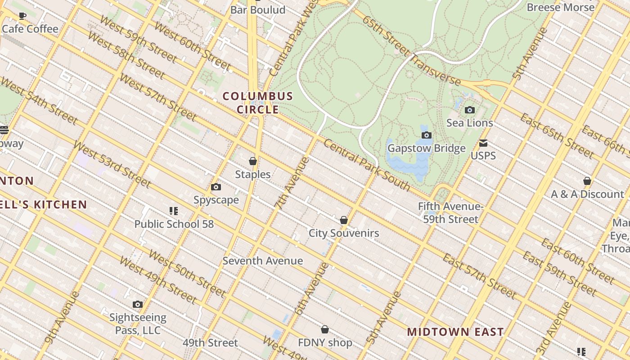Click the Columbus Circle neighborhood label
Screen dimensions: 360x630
pyautogui.click(x=258, y=103)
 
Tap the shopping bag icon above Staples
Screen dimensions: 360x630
pyautogui.click(x=253, y=161)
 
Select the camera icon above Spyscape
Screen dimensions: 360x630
pyautogui.click(x=216, y=187)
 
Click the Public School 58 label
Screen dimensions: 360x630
pyautogui.click(x=174, y=224)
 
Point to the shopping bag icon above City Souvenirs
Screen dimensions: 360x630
pyautogui.click(x=344, y=220)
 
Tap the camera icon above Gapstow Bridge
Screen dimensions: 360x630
pyautogui.click(x=426, y=135)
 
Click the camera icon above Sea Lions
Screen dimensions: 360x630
pyautogui.click(x=469, y=110)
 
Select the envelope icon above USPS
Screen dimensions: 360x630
pyautogui.click(x=483, y=143)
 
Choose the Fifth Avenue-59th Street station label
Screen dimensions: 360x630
pyautogui.click(x=450, y=213)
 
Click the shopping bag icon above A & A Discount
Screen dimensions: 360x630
pyautogui.click(x=587, y=181)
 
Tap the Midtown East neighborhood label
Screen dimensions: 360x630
pyautogui.click(x=455, y=333)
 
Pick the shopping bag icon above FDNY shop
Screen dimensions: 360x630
pyautogui.click(x=325, y=329)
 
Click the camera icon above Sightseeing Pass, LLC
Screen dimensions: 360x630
pyautogui.click(x=138, y=305)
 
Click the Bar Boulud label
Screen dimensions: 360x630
pyautogui.click(x=258, y=10)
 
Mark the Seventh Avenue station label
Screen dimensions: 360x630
pyautogui.click(x=263, y=261)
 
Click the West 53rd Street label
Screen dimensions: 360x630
pyautogui.click(x=112, y=164)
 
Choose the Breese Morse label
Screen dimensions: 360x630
pyautogui.click(x=561, y=7)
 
